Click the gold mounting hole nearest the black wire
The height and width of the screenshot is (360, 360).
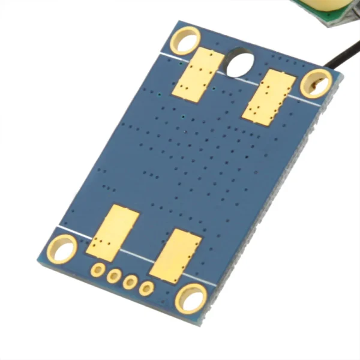316,83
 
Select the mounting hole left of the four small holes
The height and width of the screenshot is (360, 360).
62,248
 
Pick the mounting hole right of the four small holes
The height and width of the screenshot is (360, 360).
191,298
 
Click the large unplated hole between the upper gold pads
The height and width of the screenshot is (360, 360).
241,61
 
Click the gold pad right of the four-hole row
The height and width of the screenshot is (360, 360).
176,256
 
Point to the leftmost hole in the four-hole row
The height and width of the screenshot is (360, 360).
97,270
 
